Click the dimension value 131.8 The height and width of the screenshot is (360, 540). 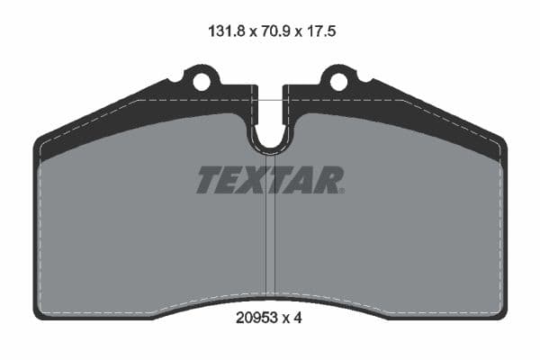pyautogui.click(x=226, y=31)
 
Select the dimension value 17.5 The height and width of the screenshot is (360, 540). pyautogui.click(x=320, y=31)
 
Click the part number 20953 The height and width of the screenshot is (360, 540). pyautogui.click(x=256, y=318)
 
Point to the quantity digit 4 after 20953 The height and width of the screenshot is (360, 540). pyautogui.click(x=298, y=318)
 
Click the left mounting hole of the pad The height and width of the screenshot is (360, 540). pyautogui.click(x=201, y=82)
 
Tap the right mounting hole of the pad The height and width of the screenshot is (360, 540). pyautogui.click(x=339, y=82)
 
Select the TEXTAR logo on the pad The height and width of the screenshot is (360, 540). pyautogui.click(x=270, y=179)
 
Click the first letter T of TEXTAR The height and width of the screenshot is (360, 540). pyautogui.click(x=210, y=179)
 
